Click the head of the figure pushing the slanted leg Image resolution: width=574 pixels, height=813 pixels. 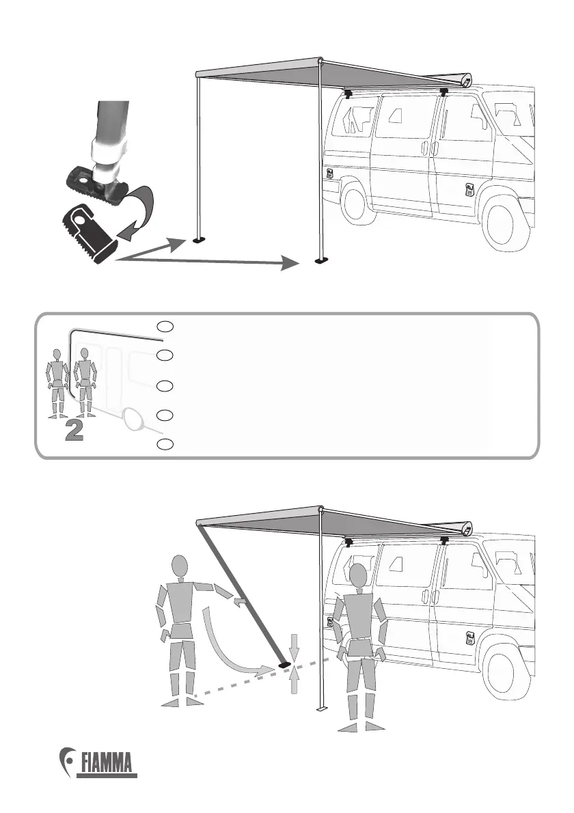(x=179, y=566)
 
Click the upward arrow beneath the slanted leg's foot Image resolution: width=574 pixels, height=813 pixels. (x=294, y=680)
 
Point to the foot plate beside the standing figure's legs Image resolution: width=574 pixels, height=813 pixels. (x=321, y=709)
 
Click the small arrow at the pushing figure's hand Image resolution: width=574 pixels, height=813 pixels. (x=238, y=601)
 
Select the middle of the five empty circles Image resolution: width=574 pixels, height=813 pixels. (x=164, y=385)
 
